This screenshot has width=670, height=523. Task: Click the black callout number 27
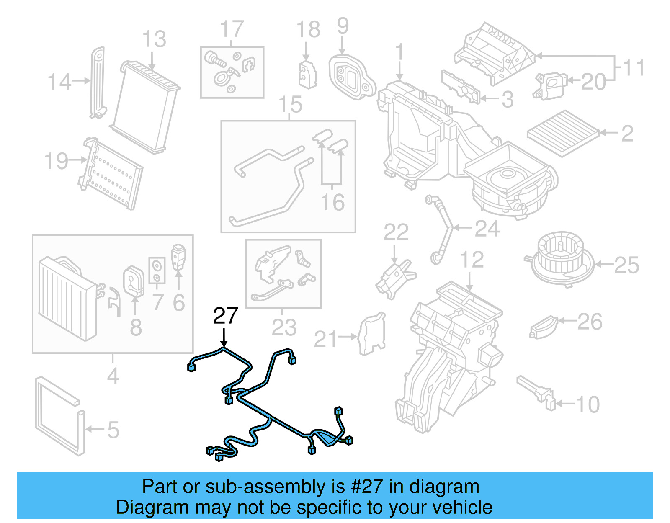point(225,316)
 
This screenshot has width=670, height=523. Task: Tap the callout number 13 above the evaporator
point(154,39)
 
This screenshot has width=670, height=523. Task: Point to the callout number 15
point(290,105)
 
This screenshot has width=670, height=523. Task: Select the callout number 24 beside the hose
point(487,229)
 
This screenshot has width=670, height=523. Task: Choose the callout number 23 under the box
point(283,327)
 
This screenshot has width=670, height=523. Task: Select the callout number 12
point(472,260)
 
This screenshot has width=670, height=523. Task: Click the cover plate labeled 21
point(371,334)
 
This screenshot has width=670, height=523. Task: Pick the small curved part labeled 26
point(543,327)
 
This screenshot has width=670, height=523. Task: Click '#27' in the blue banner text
point(366,487)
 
